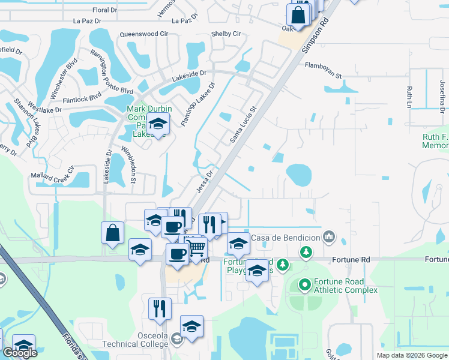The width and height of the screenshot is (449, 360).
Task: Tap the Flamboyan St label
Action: pyautogui.click(x=323, y=71)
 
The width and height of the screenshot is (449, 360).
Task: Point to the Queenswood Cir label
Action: pyautogui.click(x=144, y=35)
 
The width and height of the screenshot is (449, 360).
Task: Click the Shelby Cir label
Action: pyautogui.click(x=226, y=34)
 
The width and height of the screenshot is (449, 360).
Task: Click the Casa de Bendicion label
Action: pyautogui.click(x=285, y=238)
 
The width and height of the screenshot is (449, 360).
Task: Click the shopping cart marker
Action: pyautogui.click(x=197, y=247)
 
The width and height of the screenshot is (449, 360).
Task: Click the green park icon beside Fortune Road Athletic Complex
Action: pyautogui.click(x=304, y=284)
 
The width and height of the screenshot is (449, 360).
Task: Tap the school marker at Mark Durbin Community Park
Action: pyautogui.click(x=158, y=124)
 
